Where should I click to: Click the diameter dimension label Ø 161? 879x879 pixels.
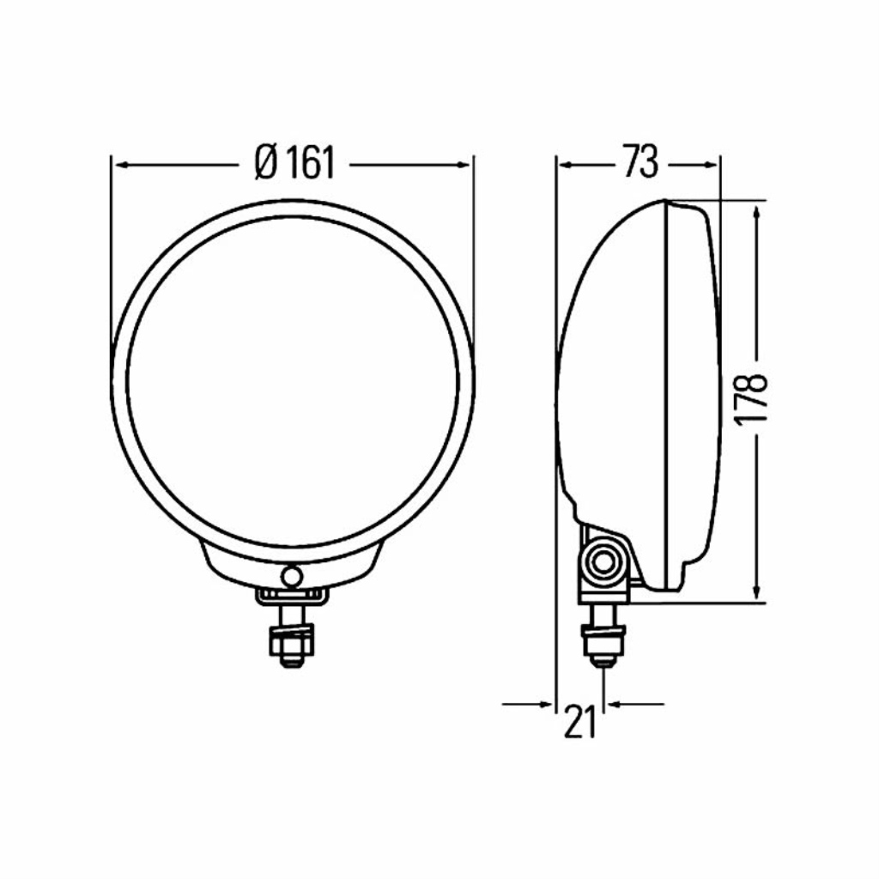(294, 163)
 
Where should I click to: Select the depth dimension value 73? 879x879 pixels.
(640, 162)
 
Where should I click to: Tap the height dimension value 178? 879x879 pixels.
(751, 400)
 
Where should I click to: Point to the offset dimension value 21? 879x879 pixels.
(580, 721)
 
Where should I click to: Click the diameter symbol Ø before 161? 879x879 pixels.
(266, 163)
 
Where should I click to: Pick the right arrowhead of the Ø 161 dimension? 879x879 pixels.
(463, 165)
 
